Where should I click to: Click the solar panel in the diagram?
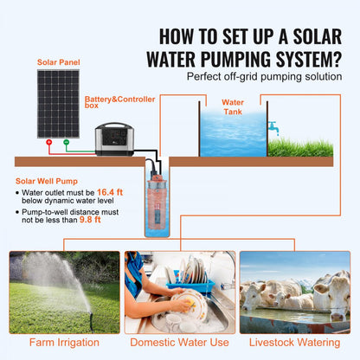pos(56,101)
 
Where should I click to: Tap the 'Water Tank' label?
pos(233,106)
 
